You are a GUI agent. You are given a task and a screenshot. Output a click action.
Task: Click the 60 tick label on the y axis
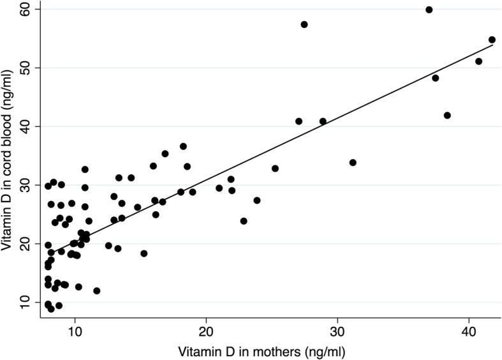click(27, 10)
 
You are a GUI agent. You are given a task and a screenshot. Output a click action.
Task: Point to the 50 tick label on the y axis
click(27, 68)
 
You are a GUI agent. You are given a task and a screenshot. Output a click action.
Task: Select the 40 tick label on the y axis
click(27, 126)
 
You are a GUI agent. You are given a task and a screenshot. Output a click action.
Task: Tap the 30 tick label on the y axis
click(27, 184)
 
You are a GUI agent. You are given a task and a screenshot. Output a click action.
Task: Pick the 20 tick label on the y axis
click(27, 243)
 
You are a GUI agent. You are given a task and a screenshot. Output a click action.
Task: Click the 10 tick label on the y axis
click(27, 301)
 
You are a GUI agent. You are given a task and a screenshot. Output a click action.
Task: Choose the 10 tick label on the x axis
click(75, 332)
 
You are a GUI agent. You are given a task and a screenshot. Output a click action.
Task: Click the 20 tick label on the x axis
click(206, 332)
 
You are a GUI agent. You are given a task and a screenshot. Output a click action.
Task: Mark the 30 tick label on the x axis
click(337, 332)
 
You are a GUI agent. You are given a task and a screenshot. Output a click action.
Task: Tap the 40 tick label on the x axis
click(469, 332)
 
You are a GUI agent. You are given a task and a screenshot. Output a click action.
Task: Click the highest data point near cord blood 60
click(429, 10)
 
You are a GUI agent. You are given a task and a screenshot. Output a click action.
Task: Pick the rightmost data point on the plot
click(492, 40)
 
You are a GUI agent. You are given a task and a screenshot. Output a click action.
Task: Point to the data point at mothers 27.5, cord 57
click(304, 24)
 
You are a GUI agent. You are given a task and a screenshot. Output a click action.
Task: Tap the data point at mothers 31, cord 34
click(353, 162)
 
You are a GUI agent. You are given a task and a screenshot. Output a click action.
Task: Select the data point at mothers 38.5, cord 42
click(447, 116)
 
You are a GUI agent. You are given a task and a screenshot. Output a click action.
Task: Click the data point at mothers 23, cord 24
click(244, 221)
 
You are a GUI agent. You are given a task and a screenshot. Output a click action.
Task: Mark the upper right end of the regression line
click(492, 45)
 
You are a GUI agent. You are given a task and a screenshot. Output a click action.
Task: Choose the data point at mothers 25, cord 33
click(275, 169)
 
